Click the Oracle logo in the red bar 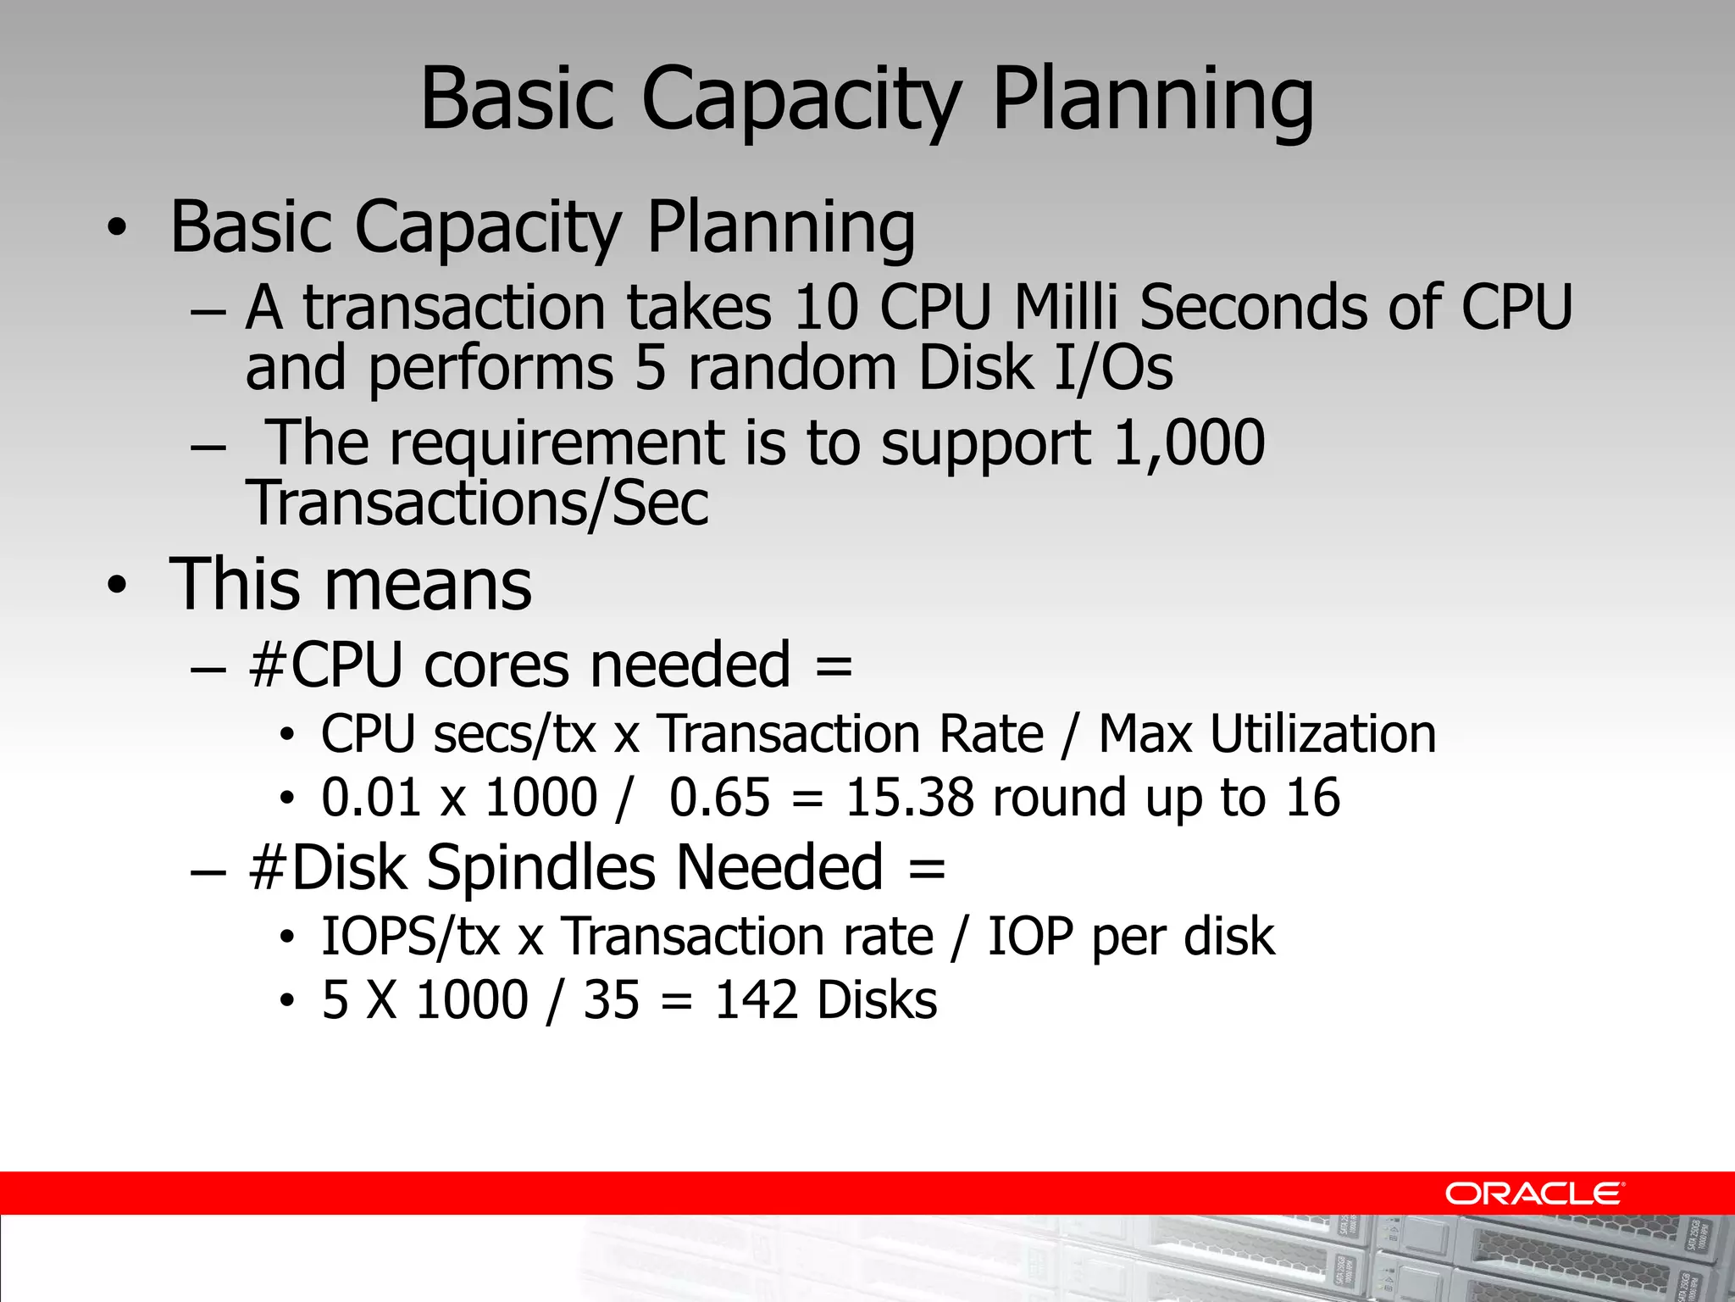click(x=1533, y=1193)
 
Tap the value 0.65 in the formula click(x=719, y=798)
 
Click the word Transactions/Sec click(x=477, y=504)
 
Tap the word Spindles click(x=540, y=868)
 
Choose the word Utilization click(x=1322, y=733)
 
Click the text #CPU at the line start click(x=325, y=665)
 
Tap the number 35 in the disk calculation click(x=611, y=999)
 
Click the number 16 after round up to click(x=1312, y=798)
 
